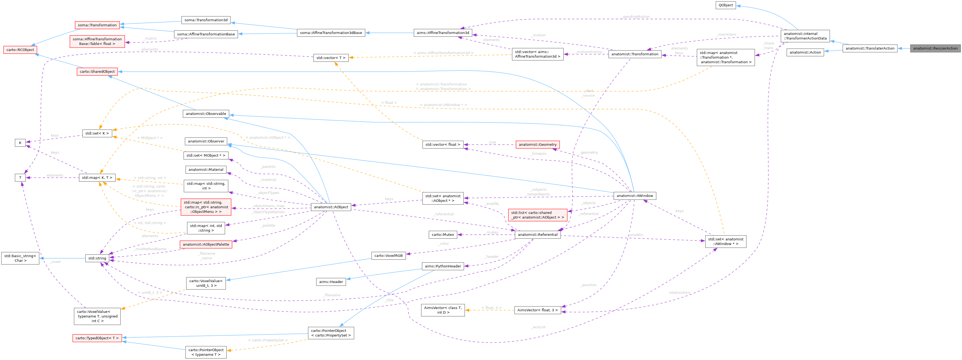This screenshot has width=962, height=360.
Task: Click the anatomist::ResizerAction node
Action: point(935,48)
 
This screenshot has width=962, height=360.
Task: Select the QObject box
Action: point(725,5)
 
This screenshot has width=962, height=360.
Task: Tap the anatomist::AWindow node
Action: point(634,196)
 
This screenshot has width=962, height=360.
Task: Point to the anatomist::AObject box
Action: point(331,207)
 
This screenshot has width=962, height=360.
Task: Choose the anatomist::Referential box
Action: point(538,234)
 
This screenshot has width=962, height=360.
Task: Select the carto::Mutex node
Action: point(442,234)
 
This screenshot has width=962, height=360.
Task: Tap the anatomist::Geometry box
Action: point(538,145)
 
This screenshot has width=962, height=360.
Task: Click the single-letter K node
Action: point(20,143)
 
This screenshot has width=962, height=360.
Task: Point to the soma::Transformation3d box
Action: point(206,20)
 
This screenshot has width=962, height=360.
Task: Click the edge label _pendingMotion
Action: point(636,17)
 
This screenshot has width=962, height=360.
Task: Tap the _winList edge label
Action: point(538,327)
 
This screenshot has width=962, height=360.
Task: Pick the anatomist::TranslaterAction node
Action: point(870,48)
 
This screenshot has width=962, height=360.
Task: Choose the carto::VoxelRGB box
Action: point(388,256)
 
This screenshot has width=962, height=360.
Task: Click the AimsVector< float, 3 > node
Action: point(538,310)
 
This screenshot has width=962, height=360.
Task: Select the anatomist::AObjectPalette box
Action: point(206,245)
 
